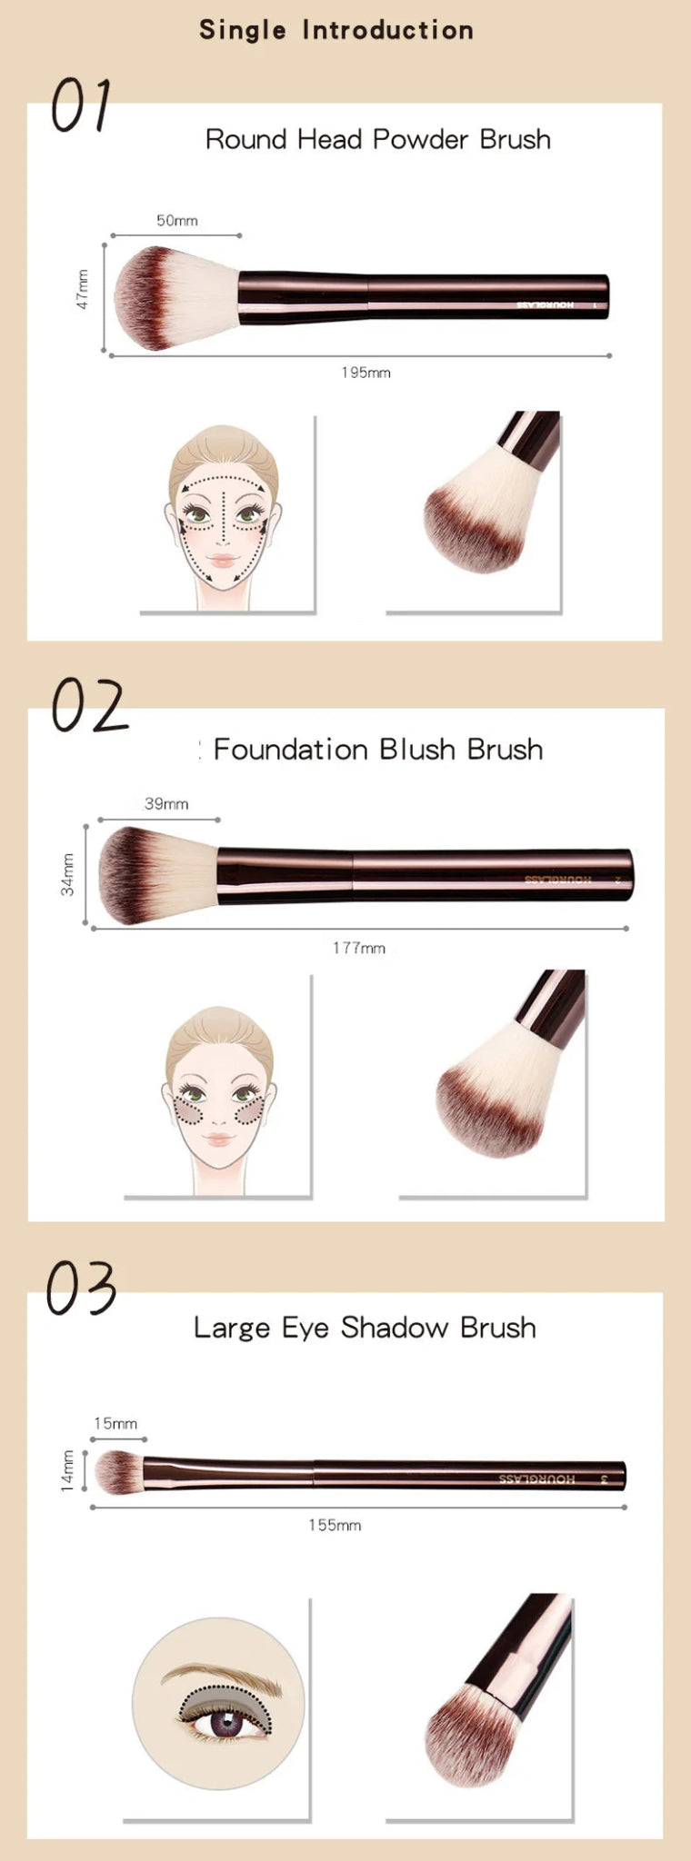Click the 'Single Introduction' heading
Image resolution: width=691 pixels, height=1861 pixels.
point(336,30)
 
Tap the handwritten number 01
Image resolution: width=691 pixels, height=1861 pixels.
point(81,104)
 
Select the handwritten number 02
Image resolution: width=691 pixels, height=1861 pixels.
point(88,706)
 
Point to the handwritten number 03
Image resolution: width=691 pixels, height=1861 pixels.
point(82,1288)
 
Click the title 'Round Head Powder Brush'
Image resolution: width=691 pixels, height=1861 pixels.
point(377,139)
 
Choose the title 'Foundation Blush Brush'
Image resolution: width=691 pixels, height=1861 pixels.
point(377,750)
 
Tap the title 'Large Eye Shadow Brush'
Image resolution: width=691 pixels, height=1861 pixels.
point(365,1328)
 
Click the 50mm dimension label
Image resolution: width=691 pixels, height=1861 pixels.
point(176,221)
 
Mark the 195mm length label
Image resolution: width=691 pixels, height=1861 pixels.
point(366,373)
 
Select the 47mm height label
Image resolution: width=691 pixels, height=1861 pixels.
point(83,290)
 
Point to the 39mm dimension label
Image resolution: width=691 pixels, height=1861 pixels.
point(166,803)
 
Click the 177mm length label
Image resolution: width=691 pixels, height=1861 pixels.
point(358,948)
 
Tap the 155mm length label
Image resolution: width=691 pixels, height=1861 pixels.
point(335,1525)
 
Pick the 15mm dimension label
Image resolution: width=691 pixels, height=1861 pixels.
point(115,1423)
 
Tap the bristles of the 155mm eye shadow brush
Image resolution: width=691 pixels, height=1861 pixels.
point(118,1471)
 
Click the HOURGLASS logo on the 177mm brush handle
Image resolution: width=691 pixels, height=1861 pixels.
point(557,879)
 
